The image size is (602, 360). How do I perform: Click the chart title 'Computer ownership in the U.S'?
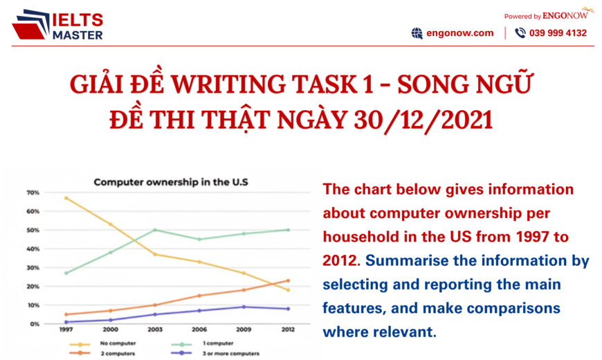[170, 183]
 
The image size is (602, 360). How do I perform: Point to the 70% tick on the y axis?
[33, 192]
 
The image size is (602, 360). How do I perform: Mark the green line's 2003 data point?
[155, 230]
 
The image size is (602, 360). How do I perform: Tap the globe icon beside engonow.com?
[417, 33]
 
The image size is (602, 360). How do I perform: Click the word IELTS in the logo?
[77, 20]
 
